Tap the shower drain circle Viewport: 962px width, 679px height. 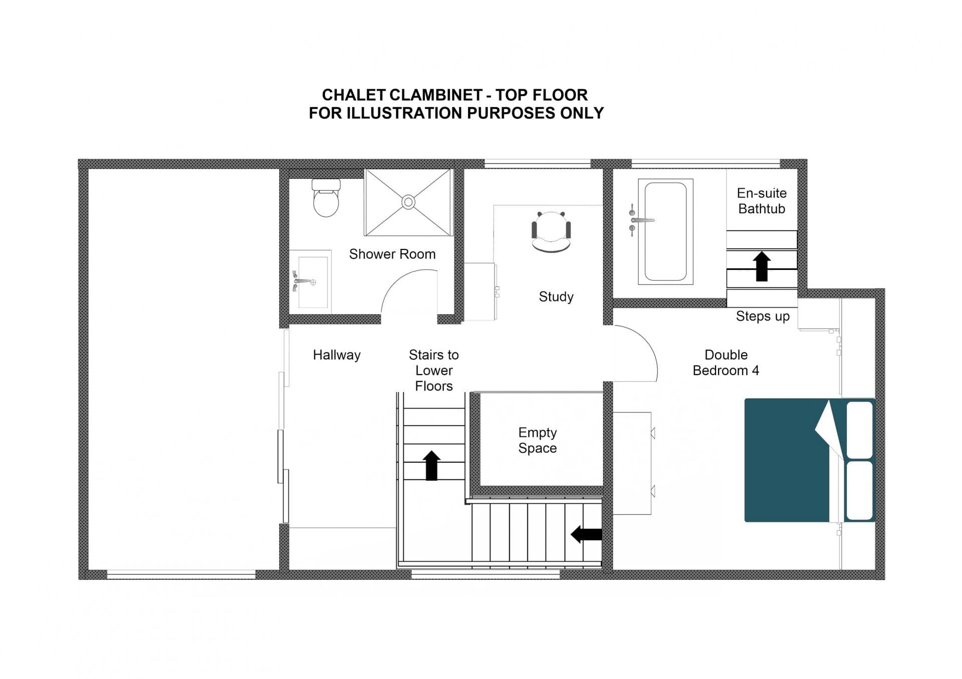click(x=408, y=202)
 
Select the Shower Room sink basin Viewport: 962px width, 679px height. click(x=313, y=282)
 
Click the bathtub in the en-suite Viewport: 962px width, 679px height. click(x=665, y=231)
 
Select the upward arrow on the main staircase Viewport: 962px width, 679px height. click(x=431, y=465)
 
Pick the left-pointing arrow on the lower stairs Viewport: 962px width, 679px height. click(x=586, y=534)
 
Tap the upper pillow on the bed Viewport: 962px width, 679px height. click(x=859, y=430)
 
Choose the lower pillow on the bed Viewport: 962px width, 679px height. click(x=859, y=490)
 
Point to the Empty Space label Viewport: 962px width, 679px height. click(x=537, y=440)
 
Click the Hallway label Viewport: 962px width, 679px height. click(x=337, y=355)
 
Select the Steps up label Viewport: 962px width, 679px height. click(x=763, y=316)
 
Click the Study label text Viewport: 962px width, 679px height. click(x=556, y=297)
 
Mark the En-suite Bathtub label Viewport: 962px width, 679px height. click(x=762, y=201)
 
